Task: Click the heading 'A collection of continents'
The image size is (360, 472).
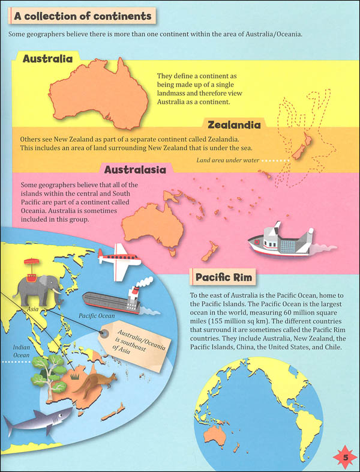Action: click(83, 16)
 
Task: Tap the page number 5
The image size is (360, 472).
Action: click(346, 459)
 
